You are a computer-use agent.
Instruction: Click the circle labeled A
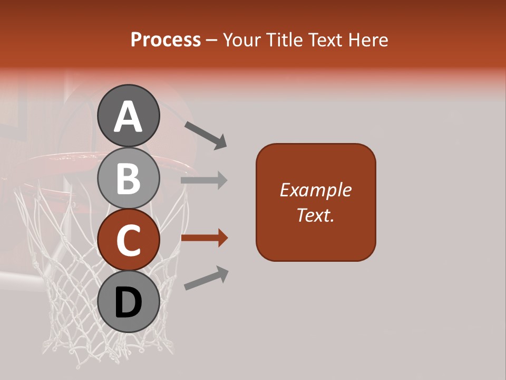(x=129, y=116)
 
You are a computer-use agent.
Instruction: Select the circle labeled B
(x=129, y=178)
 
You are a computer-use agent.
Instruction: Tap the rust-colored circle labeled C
(x=129, y=240)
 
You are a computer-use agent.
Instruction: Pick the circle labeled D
(x=129, y=302)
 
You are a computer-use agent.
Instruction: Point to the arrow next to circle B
(x=204, y=180)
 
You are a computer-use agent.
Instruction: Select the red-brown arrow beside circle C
(x=204, y=238)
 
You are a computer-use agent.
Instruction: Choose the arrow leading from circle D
(x=206, y=279)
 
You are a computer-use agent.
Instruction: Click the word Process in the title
(x=166, y=40)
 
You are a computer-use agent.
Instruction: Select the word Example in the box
(x=315, y=190)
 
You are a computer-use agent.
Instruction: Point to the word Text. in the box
(x=315, y=215)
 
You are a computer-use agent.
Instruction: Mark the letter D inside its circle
(x=129, y=303)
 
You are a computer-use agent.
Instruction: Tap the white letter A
(x=129, y=117)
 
